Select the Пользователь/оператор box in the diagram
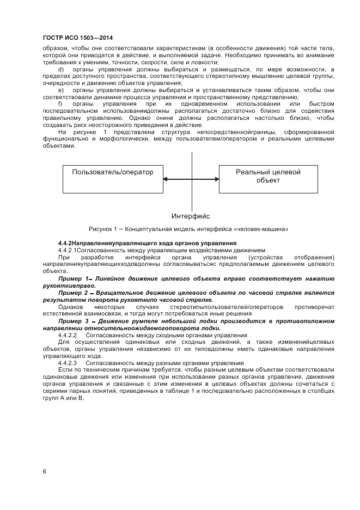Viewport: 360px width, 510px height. point(113,179)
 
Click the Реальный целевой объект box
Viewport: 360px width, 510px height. point(267,179)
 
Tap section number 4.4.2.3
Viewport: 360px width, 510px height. point(68,362)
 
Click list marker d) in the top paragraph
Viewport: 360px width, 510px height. point(60,69)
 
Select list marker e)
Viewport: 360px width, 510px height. point(60,89)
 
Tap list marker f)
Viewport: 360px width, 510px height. point(60,104)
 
